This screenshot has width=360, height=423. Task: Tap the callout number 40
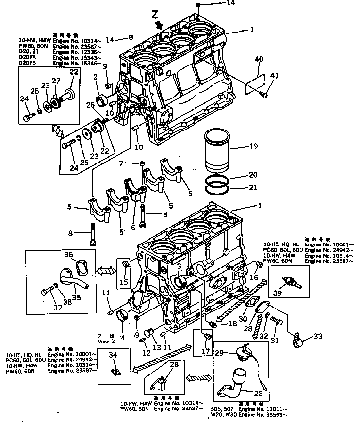[259, 59]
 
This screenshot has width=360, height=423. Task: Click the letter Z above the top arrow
[155, 16]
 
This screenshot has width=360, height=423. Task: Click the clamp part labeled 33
[297, 342]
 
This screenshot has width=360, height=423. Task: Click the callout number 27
[56, 81]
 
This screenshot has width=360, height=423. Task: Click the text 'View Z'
[103, 342]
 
